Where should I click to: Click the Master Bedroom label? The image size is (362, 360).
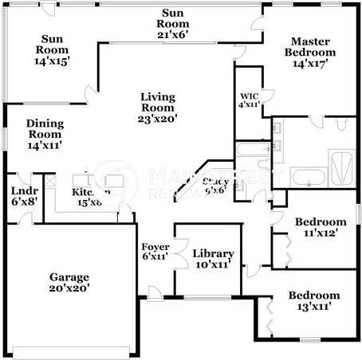[313, 53]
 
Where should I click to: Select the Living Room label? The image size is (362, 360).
[158, 107]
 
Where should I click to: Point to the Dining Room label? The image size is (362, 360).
[45, 134]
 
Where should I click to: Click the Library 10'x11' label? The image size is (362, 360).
[212, 258]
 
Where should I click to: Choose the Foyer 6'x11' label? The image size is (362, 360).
[155, 252]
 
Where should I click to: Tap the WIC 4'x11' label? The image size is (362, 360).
[249, 100]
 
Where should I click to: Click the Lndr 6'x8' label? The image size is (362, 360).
[19, 196]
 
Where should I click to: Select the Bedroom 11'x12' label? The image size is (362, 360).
[321, 227]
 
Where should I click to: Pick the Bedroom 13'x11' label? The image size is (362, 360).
[313, 300]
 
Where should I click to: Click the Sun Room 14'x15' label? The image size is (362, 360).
[53, 49]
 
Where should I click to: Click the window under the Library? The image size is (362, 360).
[204, 299]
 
